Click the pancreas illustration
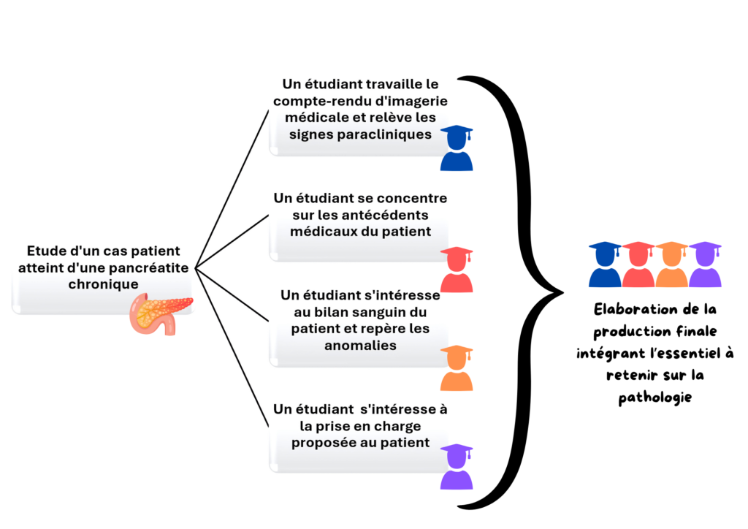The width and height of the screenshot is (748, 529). (160, 313)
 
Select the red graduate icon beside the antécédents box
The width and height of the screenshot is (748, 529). (457, 270)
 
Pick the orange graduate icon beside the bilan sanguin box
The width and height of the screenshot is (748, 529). (457, 368)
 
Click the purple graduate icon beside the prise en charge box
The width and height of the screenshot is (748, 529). (457, 467)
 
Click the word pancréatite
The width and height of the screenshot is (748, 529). (149, 267)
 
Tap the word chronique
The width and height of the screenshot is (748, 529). (102, 283)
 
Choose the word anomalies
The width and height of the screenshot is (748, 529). (360, 345)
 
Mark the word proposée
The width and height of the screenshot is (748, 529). (323, 442)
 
